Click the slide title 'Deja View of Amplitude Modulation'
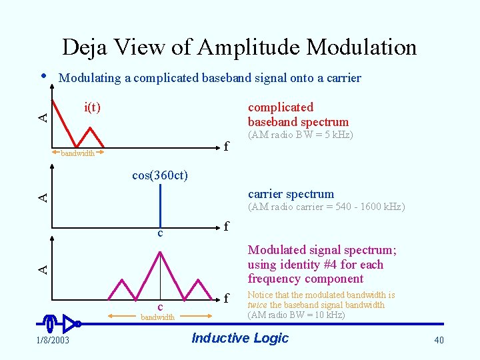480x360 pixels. [239, 47]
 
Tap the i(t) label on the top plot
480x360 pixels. [92, 107]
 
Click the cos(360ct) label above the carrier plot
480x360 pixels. [160, 175]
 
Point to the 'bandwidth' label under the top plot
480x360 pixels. [78, 153]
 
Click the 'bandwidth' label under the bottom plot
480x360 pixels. [157, 317]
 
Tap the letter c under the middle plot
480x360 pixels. [160, 233]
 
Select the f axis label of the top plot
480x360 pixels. [227, 147]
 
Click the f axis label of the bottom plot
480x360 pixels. [227, 297]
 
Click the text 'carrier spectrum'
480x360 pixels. [291, 194]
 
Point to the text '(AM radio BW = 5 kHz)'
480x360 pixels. [300, 135]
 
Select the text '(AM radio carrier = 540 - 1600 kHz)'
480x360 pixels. [326, 207]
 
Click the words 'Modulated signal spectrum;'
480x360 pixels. [322, 250]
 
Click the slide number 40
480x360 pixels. [439, 341]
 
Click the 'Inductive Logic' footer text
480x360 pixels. [240, 338]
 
